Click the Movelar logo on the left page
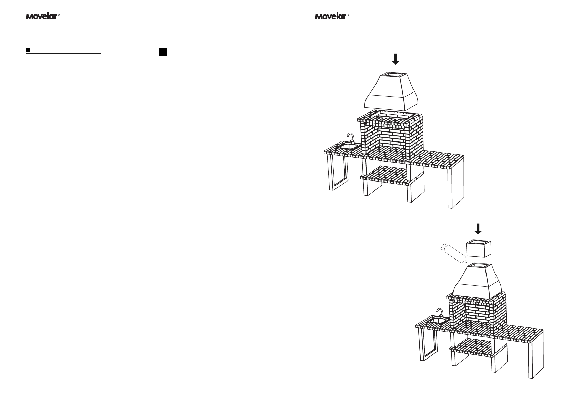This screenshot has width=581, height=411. tap(41, 16)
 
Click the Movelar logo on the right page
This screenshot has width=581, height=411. tap(330, 16)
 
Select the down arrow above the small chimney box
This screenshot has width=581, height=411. tap(478, 228)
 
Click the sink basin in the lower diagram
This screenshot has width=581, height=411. tap(437, 321)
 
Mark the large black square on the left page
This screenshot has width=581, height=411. tap(163, 52)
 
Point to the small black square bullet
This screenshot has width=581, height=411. tap(28, 50)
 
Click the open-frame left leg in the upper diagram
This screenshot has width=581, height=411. tap(337, 173)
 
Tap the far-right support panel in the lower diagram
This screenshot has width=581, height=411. tap(537, 355)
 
